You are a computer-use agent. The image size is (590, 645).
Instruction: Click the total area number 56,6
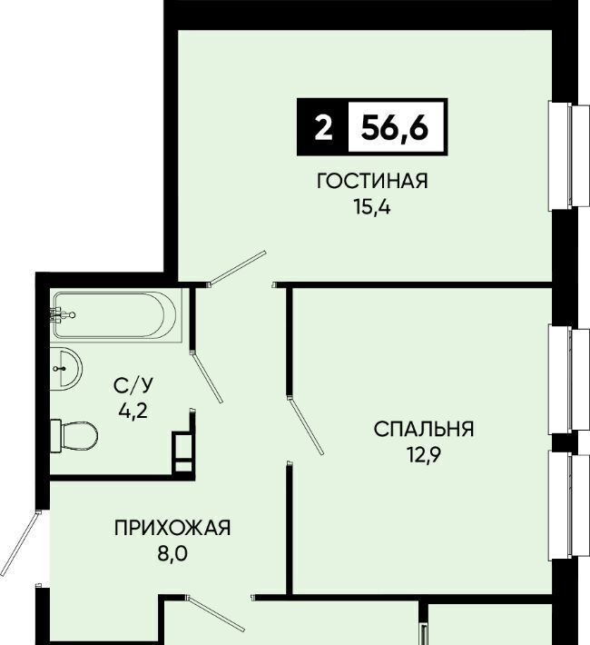click(x=394, y=126)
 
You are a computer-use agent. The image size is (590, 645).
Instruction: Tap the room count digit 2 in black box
click(x=323, y=127)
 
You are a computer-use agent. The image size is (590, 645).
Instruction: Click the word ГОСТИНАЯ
click(x=372, y=181)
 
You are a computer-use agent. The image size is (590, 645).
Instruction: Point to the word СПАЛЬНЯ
click(x=424, y=429)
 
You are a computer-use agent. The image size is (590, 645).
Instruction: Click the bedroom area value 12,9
click(x=424, y=454)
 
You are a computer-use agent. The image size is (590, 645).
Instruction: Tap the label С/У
click(x=133, y=385)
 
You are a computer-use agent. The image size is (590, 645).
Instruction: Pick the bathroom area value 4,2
click(x=133, y=410)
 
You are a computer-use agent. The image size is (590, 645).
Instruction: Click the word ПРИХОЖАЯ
click(x=172, y=528)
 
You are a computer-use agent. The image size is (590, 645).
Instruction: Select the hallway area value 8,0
click(x=172, y=553)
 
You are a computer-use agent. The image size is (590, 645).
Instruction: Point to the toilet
click(x=74, y=436)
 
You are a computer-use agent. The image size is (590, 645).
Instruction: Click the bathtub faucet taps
click(x=61, y=315)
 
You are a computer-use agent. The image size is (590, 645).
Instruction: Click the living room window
click(x=569, y=155)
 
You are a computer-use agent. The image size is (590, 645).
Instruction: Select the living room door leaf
click(x=237, y=267)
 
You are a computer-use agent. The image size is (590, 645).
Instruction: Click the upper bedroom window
click(x=569, y=379)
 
